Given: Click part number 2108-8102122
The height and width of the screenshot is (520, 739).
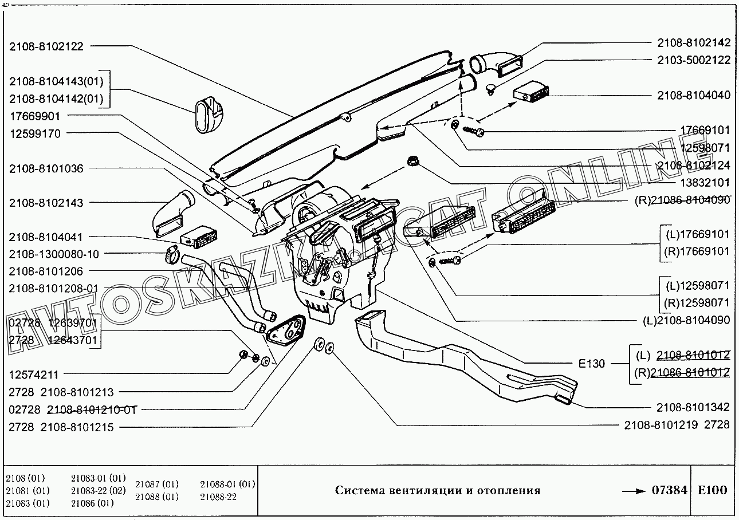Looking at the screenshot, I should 46,46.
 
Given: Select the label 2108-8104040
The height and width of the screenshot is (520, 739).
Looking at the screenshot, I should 693,95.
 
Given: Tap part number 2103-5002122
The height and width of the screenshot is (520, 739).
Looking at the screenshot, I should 693,60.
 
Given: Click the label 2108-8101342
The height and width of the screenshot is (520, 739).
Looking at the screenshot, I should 693,407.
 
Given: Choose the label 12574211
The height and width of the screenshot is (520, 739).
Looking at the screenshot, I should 34,376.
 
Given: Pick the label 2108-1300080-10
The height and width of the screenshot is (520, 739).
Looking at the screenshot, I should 54,254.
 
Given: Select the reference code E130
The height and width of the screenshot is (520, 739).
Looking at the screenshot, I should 591,363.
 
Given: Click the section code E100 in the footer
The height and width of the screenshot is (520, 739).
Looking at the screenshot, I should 712,490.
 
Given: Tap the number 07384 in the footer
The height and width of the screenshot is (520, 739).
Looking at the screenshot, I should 669,490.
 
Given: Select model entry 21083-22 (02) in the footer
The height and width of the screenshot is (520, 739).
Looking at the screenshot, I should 98,491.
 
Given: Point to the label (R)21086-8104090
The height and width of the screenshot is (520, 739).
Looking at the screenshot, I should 682,200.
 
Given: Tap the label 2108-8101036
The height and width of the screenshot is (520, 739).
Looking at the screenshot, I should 46,169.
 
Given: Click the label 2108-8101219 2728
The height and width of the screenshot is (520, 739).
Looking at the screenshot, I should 677,424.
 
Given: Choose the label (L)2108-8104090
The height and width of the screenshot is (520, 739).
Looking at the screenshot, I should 686,320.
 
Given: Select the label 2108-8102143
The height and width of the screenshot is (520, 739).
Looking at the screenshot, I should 46,203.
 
